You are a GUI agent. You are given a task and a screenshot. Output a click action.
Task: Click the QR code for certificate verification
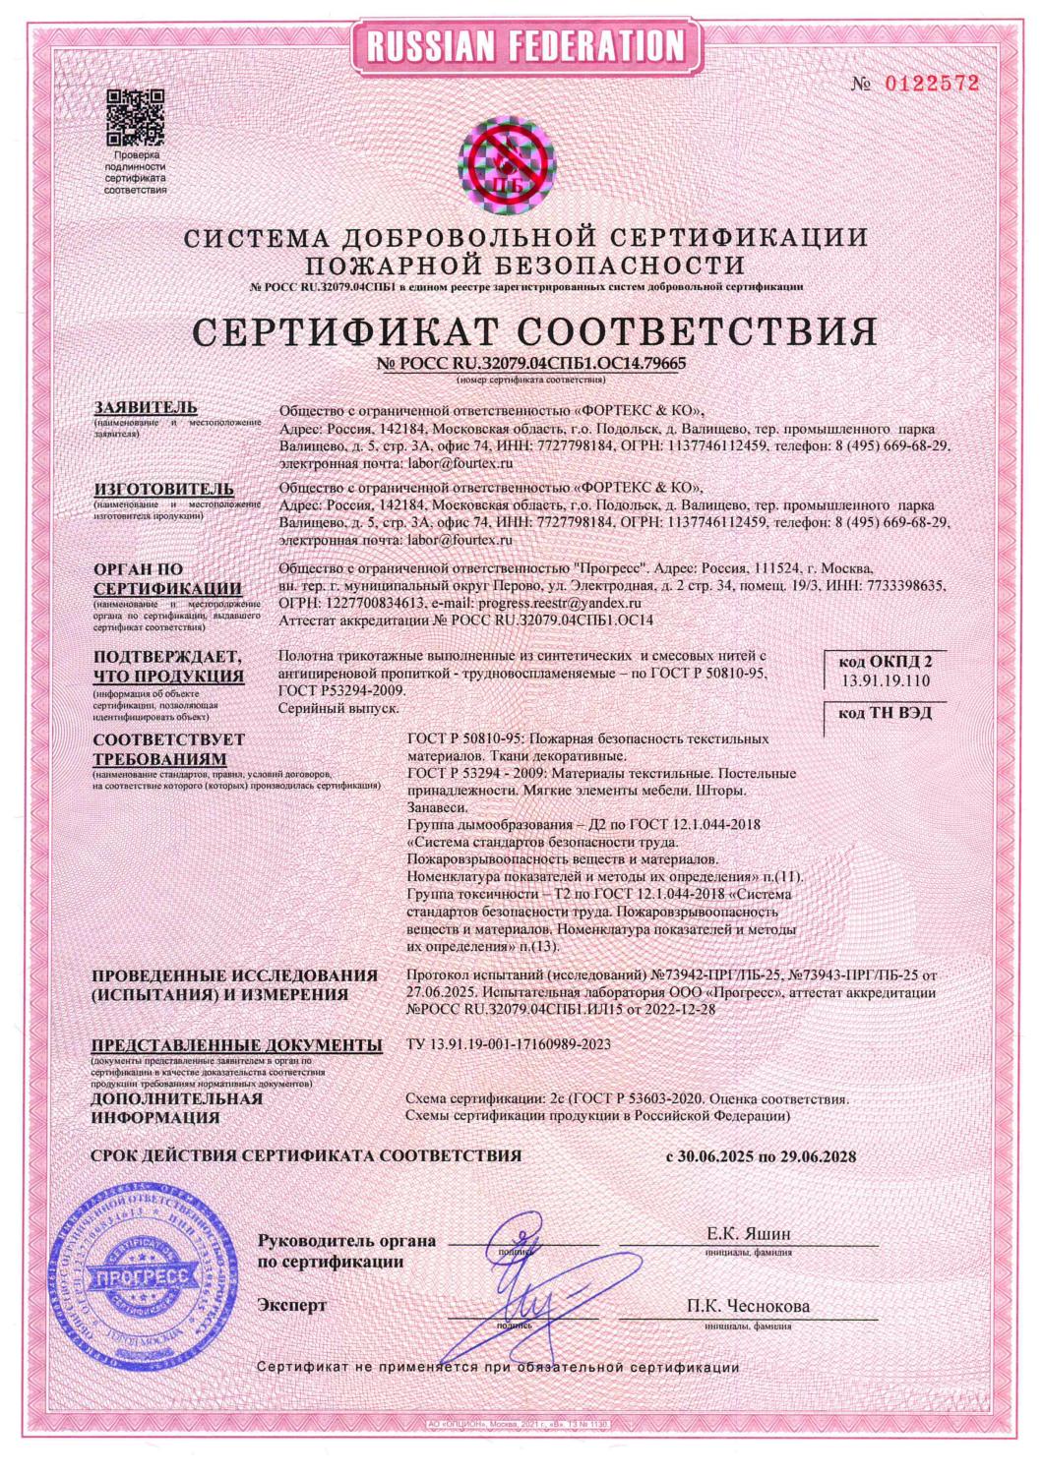pyautogui.click(x=136, y=116)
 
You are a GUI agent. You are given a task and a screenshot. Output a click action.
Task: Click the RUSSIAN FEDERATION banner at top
pyautogui.click(x=521, y=45)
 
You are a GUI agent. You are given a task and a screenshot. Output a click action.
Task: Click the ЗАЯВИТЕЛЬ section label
pyautogui.click(x=145, y=407)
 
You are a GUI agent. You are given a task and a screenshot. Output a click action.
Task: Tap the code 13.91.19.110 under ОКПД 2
pyautogui.click(x=883, y=679)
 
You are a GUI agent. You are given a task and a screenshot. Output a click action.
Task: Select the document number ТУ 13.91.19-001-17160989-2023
pyautogui.click(x=508, y=1044)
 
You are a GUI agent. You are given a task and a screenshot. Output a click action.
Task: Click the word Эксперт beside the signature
pyautogui.click(x=291, y=1306)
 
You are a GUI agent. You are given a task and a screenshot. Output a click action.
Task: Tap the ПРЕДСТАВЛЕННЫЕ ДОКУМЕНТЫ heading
pyautogui.click(x=236, y=1045)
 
